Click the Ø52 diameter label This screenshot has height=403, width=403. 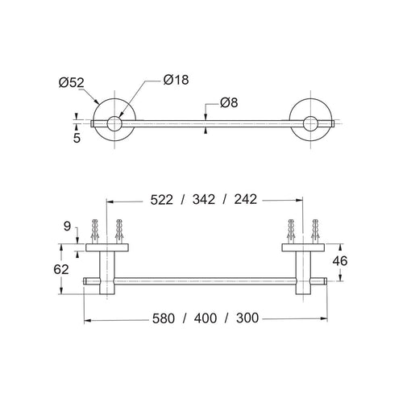coord(72,82)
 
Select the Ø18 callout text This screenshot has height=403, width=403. coord(176,80)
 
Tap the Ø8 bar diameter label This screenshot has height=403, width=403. coord(229,102)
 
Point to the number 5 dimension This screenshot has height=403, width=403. coord(77,138)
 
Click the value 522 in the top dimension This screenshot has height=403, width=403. coord(161,200)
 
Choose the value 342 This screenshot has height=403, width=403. coord(204,200)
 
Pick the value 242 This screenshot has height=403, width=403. coord(246,199)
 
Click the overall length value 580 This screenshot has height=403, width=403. coord(164,318)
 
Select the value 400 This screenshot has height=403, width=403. coord(206,318)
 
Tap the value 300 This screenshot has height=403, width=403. coord(247,318)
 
